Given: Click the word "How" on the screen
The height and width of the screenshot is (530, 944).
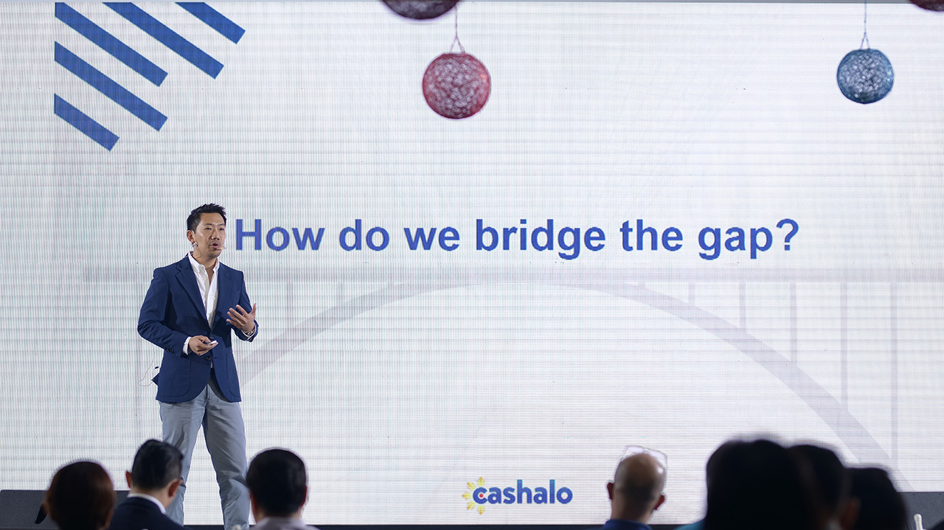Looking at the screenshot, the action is pyautogui.click(x=280, y=234).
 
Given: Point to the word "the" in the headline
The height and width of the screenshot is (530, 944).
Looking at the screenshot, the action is pyautogui.click(x=651, y=234).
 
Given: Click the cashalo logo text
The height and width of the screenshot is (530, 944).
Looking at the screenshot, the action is pyautogui.click(x=522, y=494).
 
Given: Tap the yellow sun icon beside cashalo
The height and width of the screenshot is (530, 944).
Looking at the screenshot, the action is pyautogui.click(x=473, y=495).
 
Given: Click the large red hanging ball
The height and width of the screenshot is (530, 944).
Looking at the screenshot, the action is pyautogui.click(x=457, y=86).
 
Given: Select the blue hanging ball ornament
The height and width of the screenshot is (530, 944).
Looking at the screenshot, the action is pyautogui.click(x=865, y=76).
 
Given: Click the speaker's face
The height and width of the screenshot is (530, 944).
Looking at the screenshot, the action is pyautogui.click(x=209, y=235).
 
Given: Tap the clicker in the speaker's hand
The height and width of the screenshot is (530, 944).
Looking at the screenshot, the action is pyautogui.click(x=211, y=343).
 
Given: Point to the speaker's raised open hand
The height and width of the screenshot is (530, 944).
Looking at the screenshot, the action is pyautogui.click(x=243, y=317).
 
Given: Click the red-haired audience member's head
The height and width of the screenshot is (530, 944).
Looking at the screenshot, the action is pyautogui.click(x=80, y=495).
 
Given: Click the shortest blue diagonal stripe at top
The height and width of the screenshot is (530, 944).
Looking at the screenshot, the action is pyautogui.click(x=210, y=21).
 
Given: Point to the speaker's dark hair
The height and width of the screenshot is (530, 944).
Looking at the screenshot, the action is pyautogui.click(x=206, y=214).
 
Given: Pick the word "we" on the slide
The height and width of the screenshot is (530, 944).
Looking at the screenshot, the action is pyautogui.click(x=431, y=239).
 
